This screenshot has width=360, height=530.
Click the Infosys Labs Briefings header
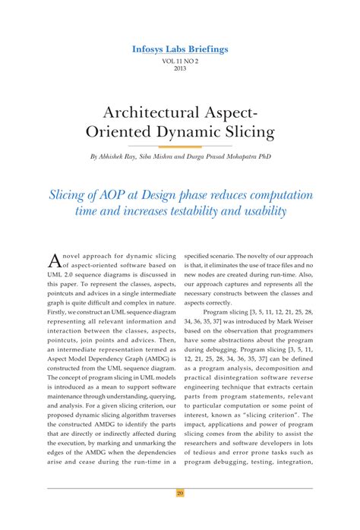pyautogui.click(x=179, y=49)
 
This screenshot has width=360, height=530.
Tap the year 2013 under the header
pyautogui.click(x=180, y=68)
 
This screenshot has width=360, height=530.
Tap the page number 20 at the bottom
pyautogui.click(x=180, y=493)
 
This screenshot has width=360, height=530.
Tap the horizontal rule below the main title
pyautogui.click(x=180, y=146)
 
